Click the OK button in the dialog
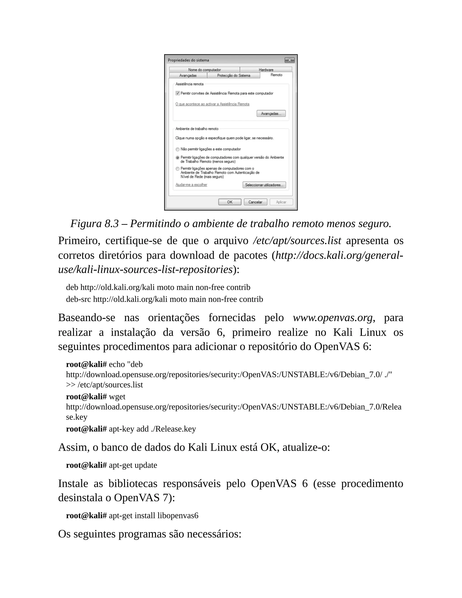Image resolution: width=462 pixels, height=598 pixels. click(x=230, y=202)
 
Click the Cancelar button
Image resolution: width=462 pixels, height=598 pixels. click(x=255, y=202)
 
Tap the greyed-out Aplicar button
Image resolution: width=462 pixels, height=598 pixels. click(x=281, y=202)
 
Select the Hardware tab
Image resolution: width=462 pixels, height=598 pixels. click(x=266, y=70)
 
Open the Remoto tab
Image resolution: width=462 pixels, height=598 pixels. click(x=276, y=75)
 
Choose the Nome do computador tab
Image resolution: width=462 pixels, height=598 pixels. click(x=204, y=70)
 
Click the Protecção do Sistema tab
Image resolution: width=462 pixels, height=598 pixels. click(x=233, y=76)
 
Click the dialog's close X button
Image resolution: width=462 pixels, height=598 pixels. click(x=289, y=60)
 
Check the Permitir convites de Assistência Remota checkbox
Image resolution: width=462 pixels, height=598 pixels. click(x=178, y=93)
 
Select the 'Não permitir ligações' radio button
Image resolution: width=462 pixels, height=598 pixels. click(x=178, y=149)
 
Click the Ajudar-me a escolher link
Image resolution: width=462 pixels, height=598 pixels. click(x=191, y=185)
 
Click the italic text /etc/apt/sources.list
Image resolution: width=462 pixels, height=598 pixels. click(x=297, y=241)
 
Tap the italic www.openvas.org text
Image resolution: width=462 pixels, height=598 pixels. click(x=332, y=318)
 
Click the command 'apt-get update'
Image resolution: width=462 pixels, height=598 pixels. click(x=133, y=465)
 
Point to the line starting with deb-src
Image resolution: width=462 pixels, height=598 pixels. click(x=164, y=299)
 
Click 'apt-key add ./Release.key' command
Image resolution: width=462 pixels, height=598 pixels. click(x=152, y=429)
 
